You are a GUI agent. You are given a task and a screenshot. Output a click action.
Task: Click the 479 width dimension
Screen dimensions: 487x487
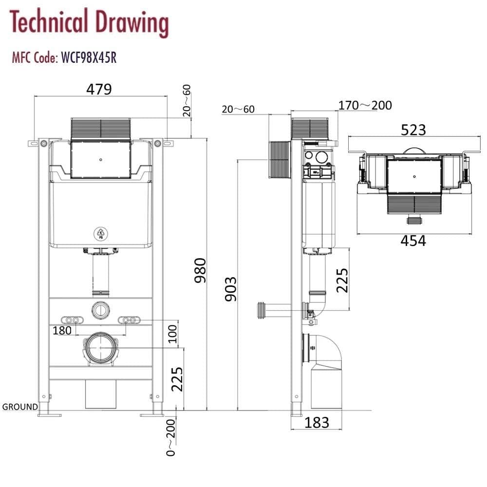pos(99,89)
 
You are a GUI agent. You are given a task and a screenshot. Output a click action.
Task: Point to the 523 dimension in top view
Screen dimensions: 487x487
pos(413,130)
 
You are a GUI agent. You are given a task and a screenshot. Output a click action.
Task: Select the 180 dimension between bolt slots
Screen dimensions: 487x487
pos(62,330)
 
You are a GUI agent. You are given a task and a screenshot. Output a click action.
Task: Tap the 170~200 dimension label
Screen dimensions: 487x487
pos(365,105)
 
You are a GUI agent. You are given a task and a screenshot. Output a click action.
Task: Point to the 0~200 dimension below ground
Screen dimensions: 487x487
pos(171,437)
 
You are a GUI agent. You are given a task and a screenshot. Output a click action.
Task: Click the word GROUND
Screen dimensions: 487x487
pos(20,407)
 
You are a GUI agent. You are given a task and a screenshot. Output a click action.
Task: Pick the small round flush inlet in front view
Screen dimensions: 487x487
pos(100,309)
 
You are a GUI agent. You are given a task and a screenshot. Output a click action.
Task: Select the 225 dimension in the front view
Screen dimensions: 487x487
pos(177,379)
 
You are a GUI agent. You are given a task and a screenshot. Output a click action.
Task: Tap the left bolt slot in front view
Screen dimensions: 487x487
pos(72,319)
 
